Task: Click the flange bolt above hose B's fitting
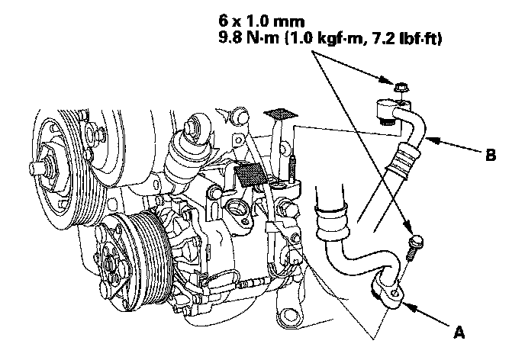tap(400, 88)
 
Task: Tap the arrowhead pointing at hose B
tap(427, 140)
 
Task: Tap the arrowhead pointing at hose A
tap(406, 306)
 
